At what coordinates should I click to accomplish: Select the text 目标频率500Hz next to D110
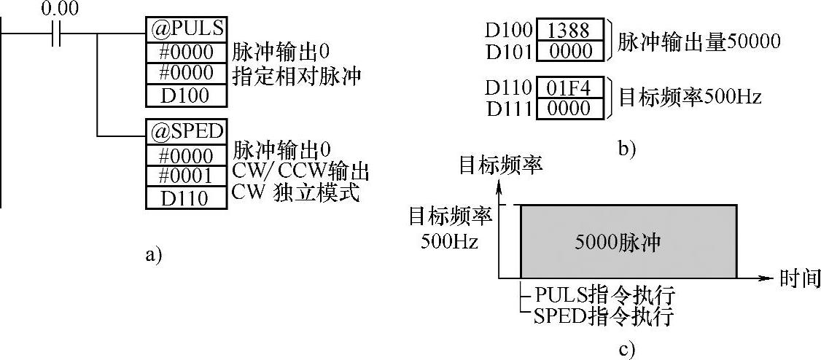click(x=690, y=96)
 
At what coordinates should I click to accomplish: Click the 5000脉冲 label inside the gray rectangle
click(x=629, y=243)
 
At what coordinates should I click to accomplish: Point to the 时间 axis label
click(x=799, y=278)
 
